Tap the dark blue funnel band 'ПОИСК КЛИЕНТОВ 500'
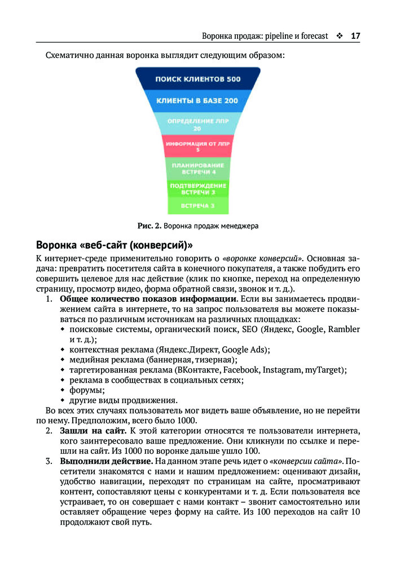pyautogui.click(x=198, y=79)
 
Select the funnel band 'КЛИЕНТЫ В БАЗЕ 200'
pyautogui.click(x=198, y=100)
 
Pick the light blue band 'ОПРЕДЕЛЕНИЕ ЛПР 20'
pyautogui.click(x=197, y=124)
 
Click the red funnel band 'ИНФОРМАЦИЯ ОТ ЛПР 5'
pyautogui.click(x=197, y=146)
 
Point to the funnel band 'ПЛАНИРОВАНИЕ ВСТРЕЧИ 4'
pyautogui.click(x=197, y=168)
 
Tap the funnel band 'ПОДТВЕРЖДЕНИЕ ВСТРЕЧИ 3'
pyautogui.click(x=197, y=189)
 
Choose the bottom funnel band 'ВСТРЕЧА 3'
pyautogui.click(x=197, y=205)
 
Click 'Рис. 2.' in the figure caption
pyautogui.click(x=149, y=226)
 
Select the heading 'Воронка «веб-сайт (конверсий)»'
pyautogui.click(x=115, y=245)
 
